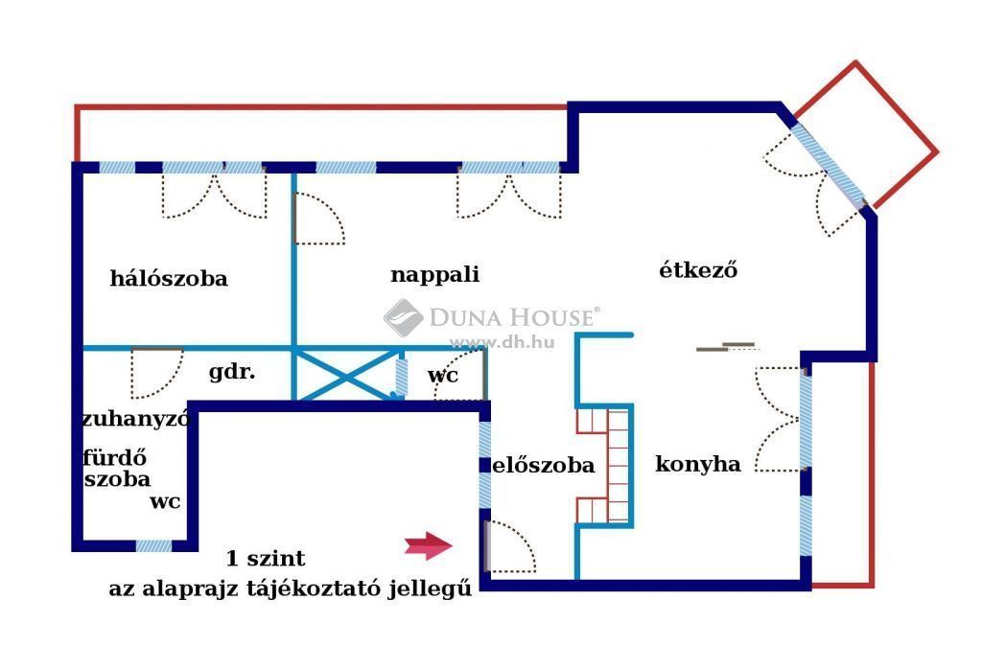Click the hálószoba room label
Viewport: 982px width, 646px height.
click(x=169, y=279)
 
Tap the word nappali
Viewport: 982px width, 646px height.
click(x=434, y=275)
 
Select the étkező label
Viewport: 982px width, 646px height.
click(x=698, y=269)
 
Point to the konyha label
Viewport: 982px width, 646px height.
click(x=698, y=464)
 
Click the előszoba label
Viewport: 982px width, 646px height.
click(x=544, y=465)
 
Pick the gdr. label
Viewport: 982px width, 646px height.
click(x=232, y=373)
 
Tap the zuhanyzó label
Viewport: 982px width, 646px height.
click(x=136, y=418)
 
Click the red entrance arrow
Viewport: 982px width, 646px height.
click(x=429, y=545)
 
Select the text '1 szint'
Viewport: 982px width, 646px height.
click(x=266, y=558)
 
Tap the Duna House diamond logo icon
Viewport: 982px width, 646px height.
click(x=403, y=317)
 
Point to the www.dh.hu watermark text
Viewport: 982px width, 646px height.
click(x=502, y=342)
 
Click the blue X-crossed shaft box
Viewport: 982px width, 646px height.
click(x=345, y=375)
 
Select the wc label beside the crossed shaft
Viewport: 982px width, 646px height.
click(x=443, y=376)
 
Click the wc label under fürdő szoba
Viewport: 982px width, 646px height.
click(x=165, y=502)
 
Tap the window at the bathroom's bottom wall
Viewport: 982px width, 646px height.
click(x=153, y=546)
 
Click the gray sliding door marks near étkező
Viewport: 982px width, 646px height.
click(x=725, y=347)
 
